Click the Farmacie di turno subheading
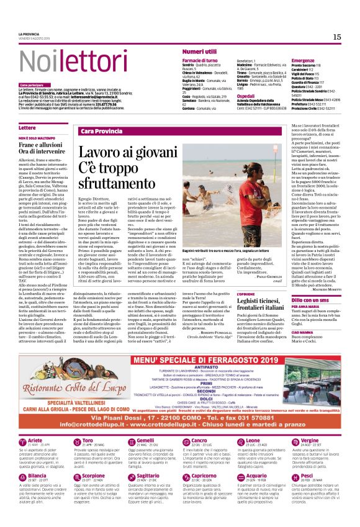click(200, 60)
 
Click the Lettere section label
click(27, 127)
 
